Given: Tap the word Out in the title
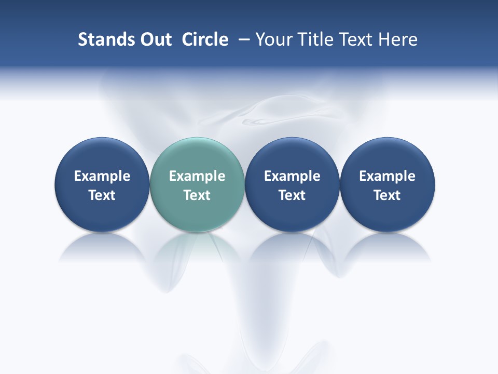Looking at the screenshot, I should tap(154, 39).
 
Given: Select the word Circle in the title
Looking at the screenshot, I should tap(205, 39).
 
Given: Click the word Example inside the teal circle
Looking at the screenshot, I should tap(197, 176).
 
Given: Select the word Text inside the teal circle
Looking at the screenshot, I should tap(197, 195).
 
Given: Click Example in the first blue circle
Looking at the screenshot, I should tap(102, 176).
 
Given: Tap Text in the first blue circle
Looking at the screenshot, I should tap(102, 195).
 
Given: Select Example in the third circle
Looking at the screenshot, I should tap(292, 176).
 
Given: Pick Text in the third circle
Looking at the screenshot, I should tap(292, 195).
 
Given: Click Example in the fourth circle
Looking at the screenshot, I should tap(387, 176).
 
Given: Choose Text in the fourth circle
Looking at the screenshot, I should tap(387, 195).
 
